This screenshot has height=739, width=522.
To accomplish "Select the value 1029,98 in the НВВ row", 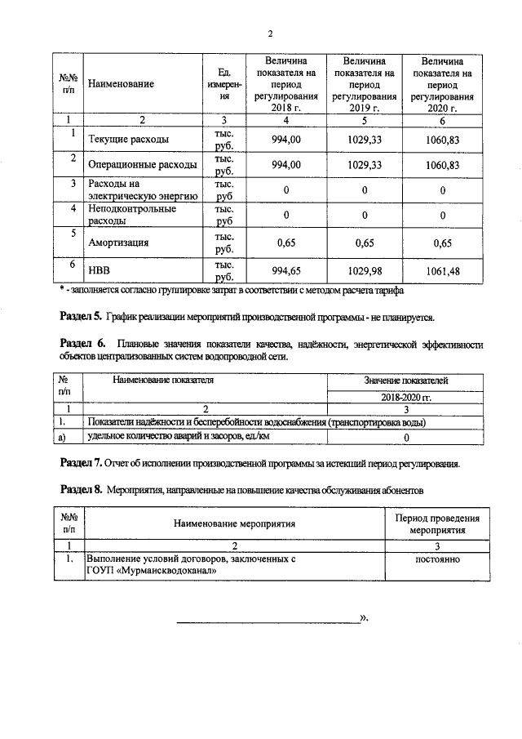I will [x=364, y=271].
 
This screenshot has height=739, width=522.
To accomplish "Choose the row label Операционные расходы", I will [x=142, y=165].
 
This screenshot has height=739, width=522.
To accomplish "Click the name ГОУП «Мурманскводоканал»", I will [x=152, y=572].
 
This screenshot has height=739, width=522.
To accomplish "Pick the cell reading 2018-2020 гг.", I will [x=405, y=396].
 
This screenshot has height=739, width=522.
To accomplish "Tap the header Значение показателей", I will [x=405, y=381].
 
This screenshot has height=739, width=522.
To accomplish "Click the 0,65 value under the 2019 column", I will [x=364, y=243].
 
